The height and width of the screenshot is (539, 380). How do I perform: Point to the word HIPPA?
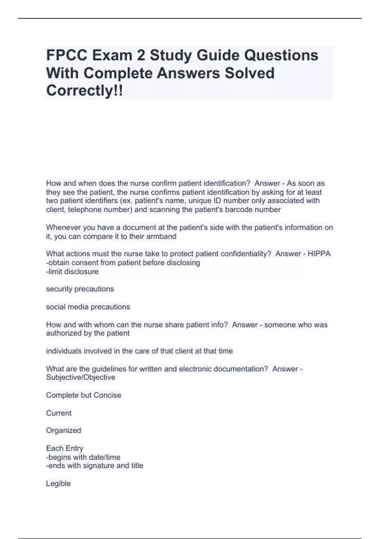tap(319, 254)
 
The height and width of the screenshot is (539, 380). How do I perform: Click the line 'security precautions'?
tap(80, 289)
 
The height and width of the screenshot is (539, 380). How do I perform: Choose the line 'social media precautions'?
tap(88, 307)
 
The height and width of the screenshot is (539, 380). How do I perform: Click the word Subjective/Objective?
tap(80, 377)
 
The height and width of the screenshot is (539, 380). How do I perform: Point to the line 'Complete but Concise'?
tap(84, 395)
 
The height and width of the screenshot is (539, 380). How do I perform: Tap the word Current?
tap(59, 413)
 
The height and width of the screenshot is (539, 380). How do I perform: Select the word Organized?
tap(64, 430)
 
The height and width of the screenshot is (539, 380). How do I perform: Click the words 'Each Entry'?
tap(65, 448)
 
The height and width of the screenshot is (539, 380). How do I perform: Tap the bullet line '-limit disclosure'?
tap(72, 271)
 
